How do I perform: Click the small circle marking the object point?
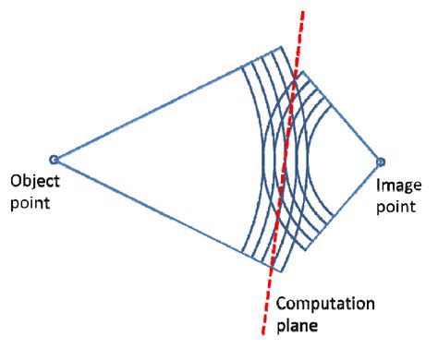coord(54,160)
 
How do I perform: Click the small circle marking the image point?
coord(380,161)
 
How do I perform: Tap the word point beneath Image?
coord(393,205)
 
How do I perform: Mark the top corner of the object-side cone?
coord(283,47)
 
